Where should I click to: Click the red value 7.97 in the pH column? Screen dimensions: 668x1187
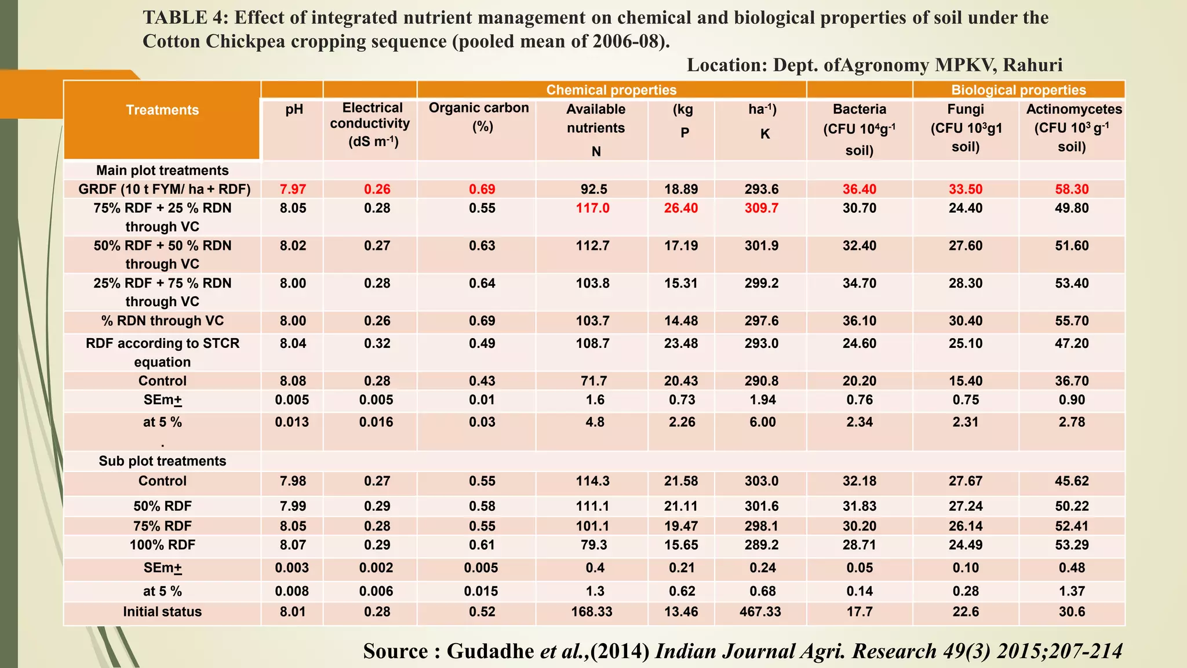tap(293, 190)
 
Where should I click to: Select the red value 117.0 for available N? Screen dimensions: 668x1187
tap(592, 208)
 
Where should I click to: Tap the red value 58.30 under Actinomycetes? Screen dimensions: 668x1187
tap(1072, 190)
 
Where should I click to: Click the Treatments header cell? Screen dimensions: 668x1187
tap(162, 110)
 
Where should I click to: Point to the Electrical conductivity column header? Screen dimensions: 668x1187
tap(371, 124)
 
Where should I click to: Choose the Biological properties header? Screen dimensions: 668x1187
tap(1018, 90)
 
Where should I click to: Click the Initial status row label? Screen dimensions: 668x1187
tap(162, 612)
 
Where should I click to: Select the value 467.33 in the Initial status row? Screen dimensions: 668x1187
tap(760, 612)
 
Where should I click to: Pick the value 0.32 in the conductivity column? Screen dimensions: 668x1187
tap(377, 343)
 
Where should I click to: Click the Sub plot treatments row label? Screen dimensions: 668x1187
tap(162, 461)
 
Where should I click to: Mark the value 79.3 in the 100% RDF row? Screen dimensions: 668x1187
tap(592, 545)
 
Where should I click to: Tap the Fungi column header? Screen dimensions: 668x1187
tap(966, 128)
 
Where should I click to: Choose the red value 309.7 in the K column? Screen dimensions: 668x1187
tap(761, 208)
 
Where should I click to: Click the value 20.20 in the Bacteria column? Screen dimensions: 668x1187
tap(859, 381)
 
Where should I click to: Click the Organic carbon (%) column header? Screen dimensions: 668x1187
tap(479, 117)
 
